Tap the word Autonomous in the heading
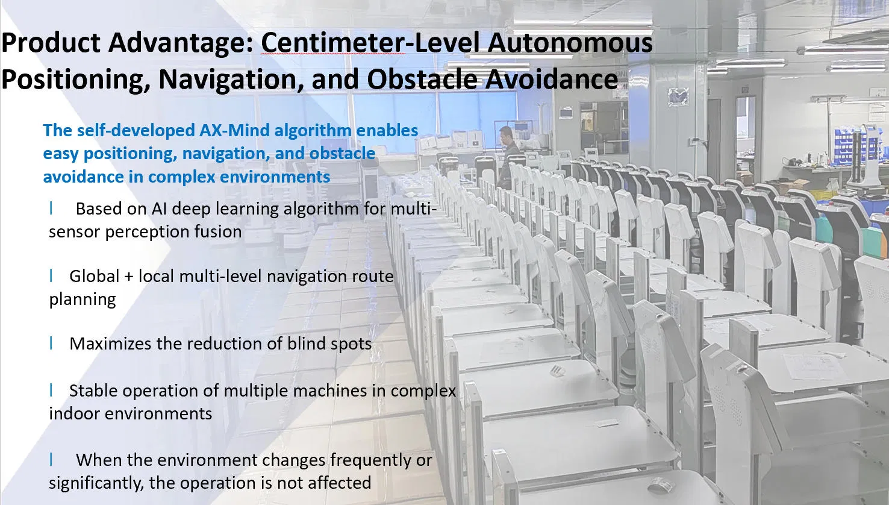click(570, 42)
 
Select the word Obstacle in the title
click(422, 79)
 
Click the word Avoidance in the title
click(551, 79)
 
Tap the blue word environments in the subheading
click(275, 177)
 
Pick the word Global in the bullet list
click(94, 276)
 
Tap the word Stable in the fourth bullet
click(93, 391)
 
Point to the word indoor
click(74, 413)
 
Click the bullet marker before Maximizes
click(51, 343)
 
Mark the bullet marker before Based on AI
click(51, 208)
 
